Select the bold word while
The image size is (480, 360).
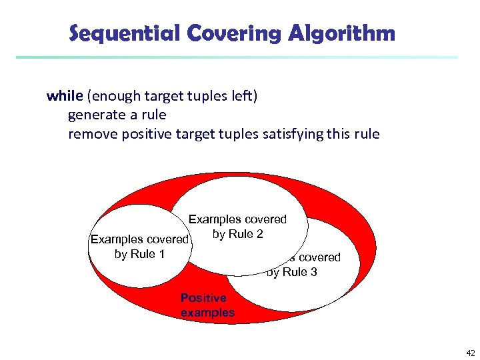click(x=64, y=95)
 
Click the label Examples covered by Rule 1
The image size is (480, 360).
click(x=139, y=247)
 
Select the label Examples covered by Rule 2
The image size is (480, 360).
click(x=237, y=227)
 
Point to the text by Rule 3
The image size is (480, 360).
click(x=292, y=272)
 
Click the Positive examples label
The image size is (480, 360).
click(x=207, y=305)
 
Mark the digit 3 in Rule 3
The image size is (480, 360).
click(x=313, y=272)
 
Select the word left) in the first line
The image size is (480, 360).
click(x=244, y=95)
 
